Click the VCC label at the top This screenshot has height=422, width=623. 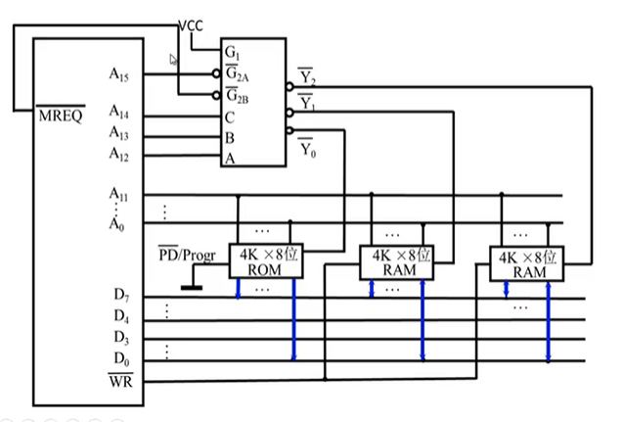191,25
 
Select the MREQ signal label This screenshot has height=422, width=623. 61,115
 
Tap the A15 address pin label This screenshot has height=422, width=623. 118,74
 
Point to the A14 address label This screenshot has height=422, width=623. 118,112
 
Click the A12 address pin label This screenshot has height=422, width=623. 118,154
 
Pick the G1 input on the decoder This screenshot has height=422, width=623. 232,52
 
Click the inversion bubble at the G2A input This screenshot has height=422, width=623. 216,73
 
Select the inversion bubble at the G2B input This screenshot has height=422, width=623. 216,95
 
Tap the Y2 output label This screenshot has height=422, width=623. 306,76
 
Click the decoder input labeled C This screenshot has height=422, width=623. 230,117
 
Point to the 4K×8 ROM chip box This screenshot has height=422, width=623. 266,260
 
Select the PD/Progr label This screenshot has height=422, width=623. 187,255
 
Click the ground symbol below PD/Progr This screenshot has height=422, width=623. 192,288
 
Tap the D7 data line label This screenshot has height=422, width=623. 121,295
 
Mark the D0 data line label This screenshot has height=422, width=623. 121,358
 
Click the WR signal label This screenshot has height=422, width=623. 121,381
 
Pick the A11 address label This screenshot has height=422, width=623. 118,194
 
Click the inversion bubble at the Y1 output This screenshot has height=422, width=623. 290,113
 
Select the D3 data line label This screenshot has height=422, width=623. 121,337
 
